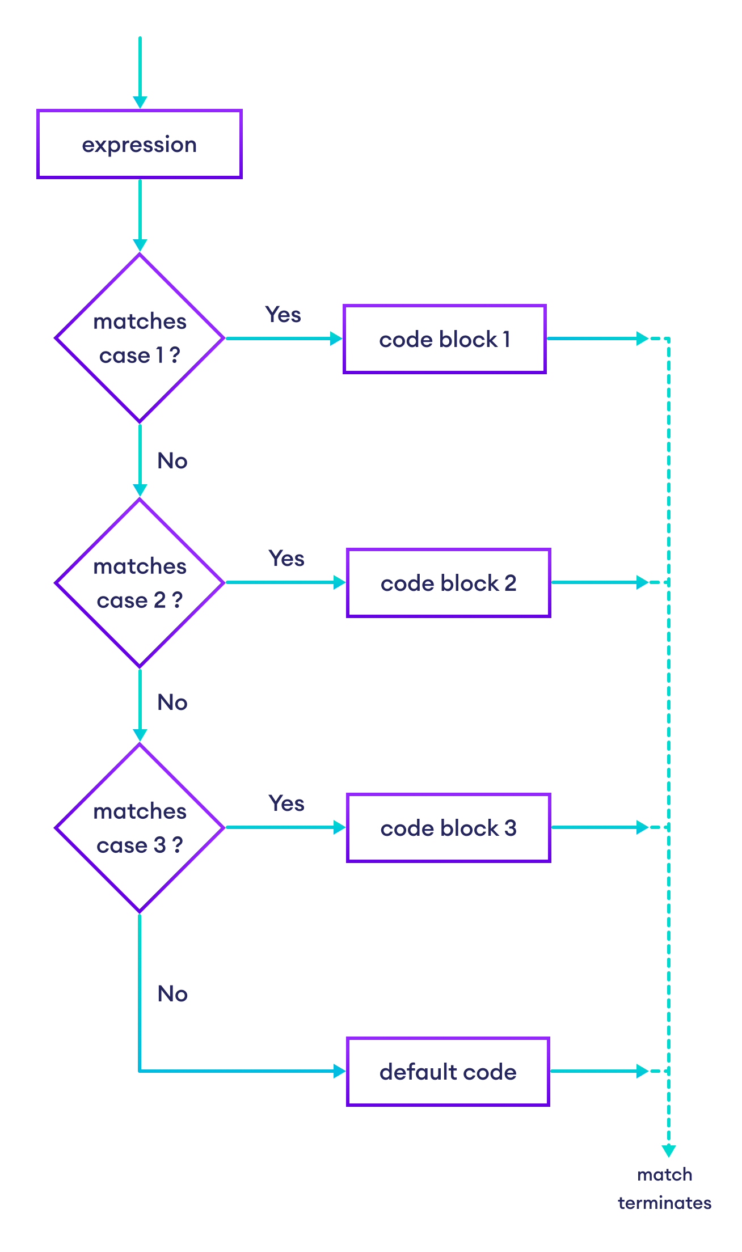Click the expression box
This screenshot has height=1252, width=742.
140,144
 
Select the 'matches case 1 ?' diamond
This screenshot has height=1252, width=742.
140,338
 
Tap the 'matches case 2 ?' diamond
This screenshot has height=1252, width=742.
140,582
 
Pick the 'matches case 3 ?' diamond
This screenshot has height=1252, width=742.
140,827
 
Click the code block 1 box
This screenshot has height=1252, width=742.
444,339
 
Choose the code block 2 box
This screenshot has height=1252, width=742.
448,583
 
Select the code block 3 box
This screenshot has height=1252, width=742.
448,828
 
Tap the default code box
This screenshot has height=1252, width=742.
448,1072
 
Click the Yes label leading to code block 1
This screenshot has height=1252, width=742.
283,315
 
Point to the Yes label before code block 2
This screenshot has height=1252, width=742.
286,559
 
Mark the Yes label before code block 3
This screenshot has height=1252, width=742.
286,803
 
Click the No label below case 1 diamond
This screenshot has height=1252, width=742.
172,461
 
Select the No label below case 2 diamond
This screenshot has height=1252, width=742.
172,703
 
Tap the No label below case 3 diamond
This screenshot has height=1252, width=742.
172,994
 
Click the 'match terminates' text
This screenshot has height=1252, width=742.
665,1188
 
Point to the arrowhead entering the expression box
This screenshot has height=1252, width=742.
140,102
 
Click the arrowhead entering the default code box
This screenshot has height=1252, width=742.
340,1071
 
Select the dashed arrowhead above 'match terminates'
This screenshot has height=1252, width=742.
669,1150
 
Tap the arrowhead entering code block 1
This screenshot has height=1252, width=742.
337,339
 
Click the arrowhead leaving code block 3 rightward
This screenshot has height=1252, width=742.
642,827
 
